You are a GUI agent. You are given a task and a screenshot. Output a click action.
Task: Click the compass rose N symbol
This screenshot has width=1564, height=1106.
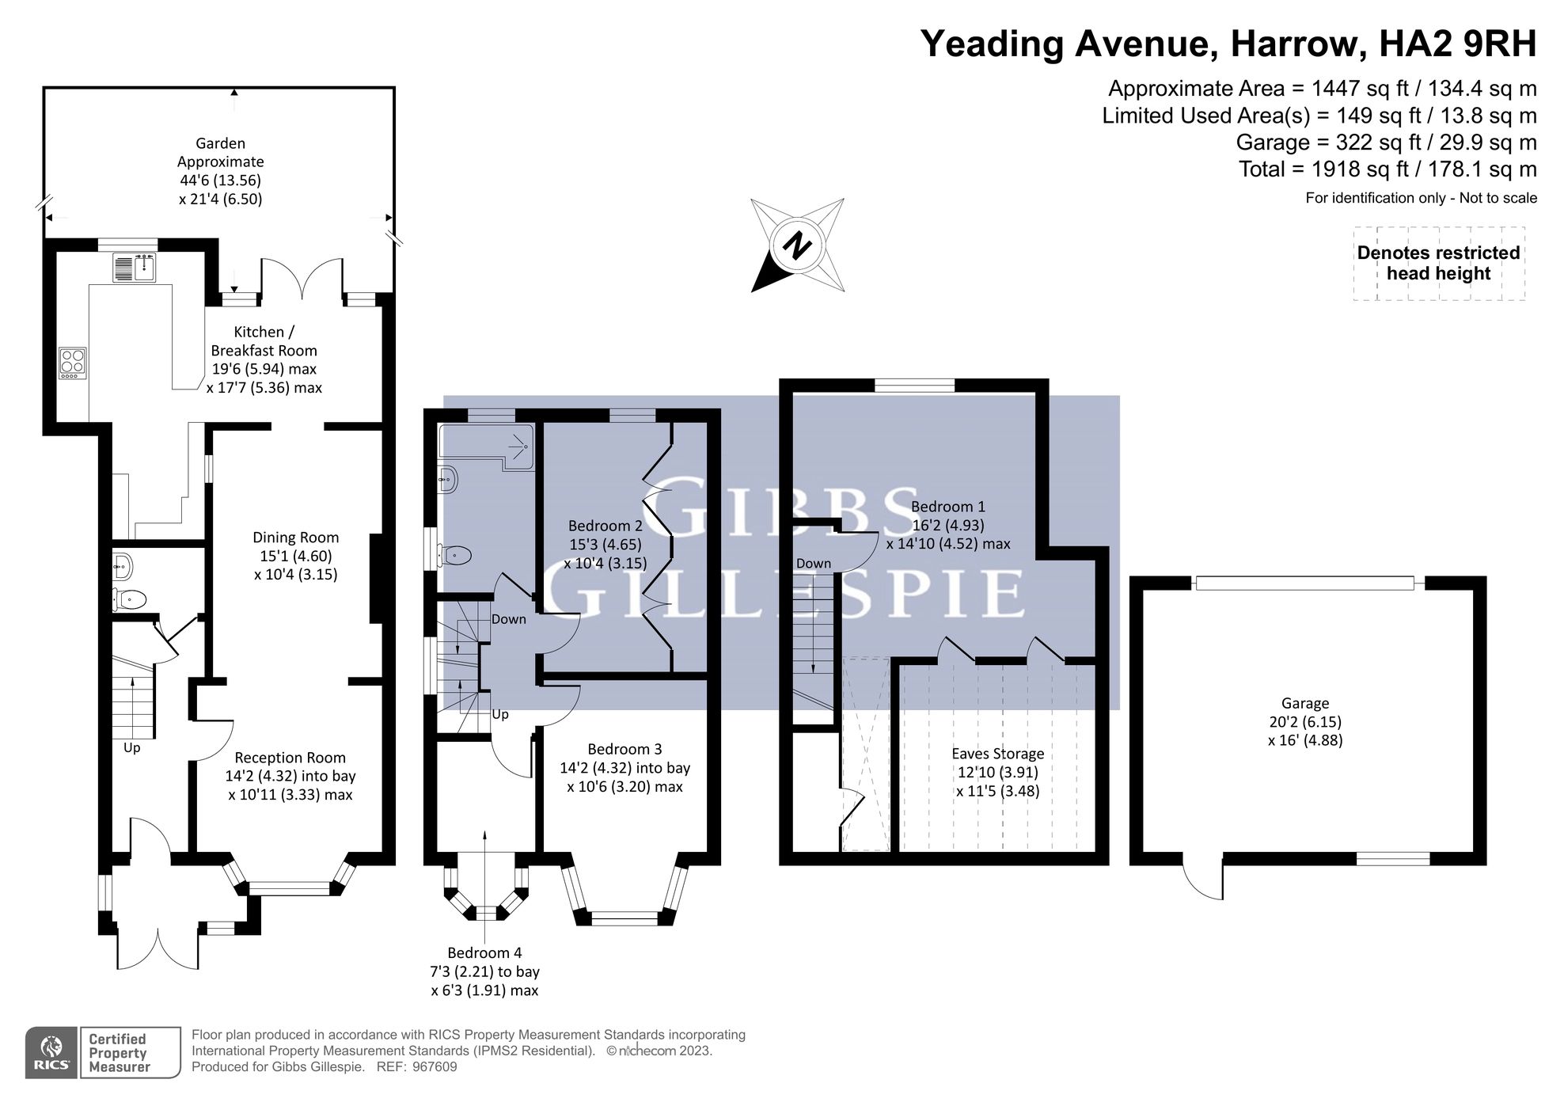[x=798, y=245]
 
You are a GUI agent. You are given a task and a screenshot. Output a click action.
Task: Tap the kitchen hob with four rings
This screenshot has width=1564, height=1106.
[x=73, y=363]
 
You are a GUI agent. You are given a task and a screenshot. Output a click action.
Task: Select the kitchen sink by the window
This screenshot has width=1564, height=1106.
[x=135, y=268]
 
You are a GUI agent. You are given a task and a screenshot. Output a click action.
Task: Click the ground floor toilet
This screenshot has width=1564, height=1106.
[x=130, y=599]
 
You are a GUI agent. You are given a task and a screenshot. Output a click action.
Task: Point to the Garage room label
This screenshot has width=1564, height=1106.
[x=1304, y=703]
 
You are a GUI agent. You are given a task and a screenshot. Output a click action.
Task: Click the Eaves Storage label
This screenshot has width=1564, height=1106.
[x=997, y=754]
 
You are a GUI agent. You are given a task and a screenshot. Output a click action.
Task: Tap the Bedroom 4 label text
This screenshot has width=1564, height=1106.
[x=484, y=952]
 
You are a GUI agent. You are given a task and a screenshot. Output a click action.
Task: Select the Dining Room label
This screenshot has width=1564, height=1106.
[x=295, y=538]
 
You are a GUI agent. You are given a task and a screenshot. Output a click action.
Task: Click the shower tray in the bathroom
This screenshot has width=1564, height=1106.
[x=487, y=447]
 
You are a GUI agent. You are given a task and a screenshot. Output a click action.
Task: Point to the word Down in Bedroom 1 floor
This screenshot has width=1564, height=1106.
[x=813, y=564]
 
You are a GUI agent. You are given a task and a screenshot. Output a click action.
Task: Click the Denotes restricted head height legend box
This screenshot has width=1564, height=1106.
[x=1438, y=264]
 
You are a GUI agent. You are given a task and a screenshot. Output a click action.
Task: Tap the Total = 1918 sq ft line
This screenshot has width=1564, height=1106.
[x=1387, y=169]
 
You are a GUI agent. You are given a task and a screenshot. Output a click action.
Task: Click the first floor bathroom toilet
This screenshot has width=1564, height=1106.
[x=457, y=556]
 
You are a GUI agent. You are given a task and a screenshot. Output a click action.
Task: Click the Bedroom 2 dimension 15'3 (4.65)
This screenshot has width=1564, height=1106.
[x=605, y=545]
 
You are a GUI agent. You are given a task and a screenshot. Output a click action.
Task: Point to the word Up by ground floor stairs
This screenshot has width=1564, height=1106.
[x=131, y=747]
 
